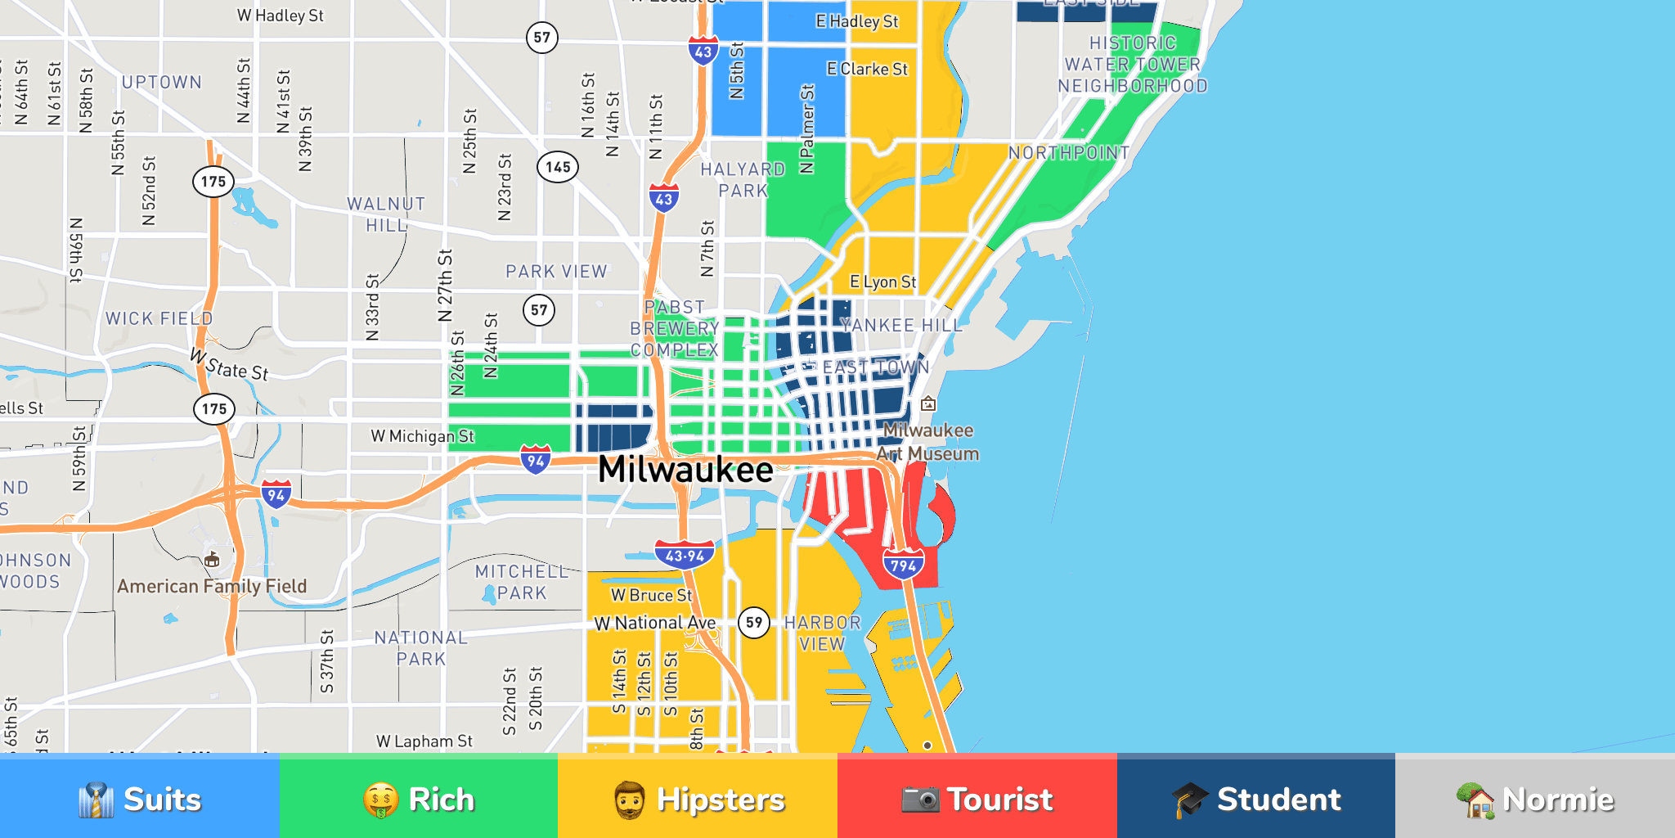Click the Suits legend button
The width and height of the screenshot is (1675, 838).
click(139, 798)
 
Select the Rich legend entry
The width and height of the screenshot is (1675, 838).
click(418, 798)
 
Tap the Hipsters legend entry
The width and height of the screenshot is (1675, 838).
click(698, 798)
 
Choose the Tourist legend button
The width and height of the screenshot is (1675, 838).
click(977, 798)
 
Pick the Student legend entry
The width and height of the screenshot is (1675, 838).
click(1255, 798)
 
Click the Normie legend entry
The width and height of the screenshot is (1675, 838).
click(1535, 798)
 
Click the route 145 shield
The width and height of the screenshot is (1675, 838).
click(558, 167)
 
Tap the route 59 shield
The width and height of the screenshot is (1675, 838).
click(753, 623)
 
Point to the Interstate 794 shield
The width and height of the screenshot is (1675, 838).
click(903, 565)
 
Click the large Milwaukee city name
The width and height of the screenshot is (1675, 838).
click(685, 470)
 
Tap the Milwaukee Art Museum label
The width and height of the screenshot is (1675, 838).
click(927, 442)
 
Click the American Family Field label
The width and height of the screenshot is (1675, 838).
click(212, 586)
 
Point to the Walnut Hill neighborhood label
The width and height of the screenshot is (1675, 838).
click(386, 214)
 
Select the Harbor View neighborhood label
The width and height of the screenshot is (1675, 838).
click(822, 633)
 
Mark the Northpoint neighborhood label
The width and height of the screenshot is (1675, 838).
click(1068, 153)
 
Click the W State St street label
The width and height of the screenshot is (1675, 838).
click(229, 365)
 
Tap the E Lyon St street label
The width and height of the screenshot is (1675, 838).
click(882, 282)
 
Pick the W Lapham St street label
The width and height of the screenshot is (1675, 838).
click(424, 741)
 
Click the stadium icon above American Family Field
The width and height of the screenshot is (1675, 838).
click(212, 560)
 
